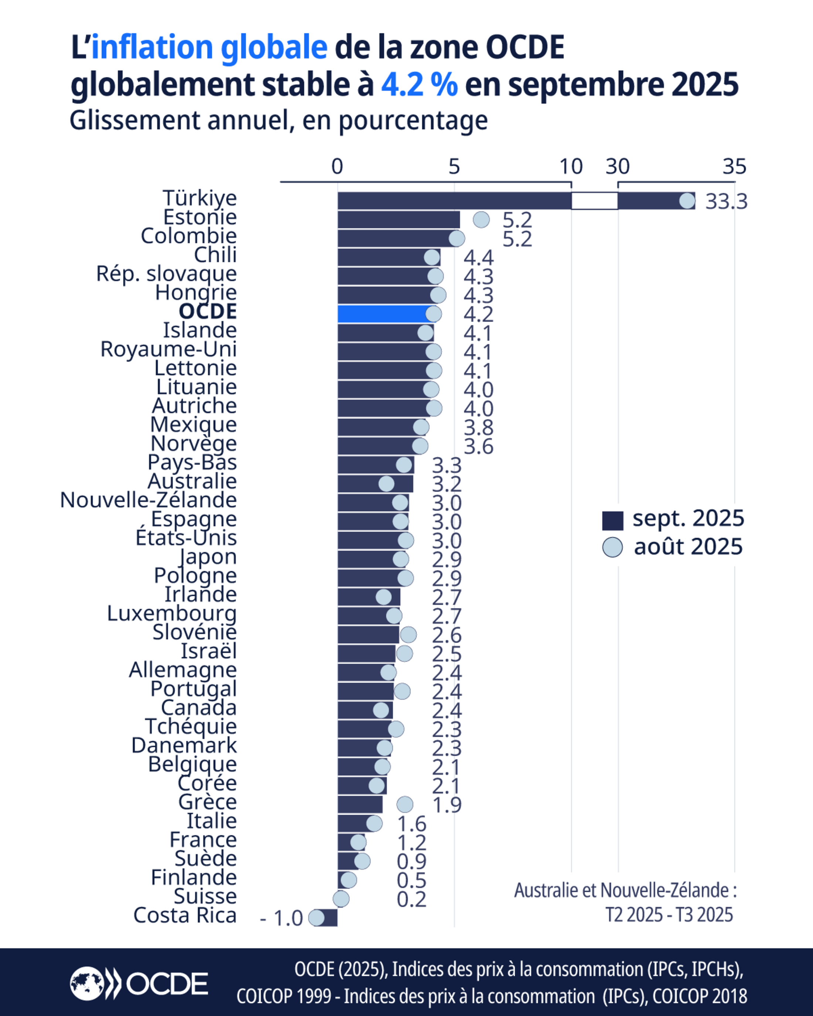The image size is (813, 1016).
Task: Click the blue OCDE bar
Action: click(x=382, y=314)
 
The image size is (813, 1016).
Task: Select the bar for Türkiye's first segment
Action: click(x=454, y=201)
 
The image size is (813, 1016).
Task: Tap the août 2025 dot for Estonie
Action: click(x=481, y=219)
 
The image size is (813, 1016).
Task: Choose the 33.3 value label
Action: click(x=726, y=202)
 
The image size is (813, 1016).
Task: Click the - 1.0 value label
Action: click(x=281, y=918)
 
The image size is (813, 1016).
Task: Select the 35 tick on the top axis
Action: click(x=735, y=166)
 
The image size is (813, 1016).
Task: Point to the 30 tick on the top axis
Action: click(x=618, y=166)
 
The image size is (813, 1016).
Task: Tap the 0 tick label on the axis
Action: click(x=337, y=166)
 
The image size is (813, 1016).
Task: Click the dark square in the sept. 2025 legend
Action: click(x=613, y=520)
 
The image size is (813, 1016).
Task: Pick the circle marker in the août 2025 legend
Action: click(x=613, y=548)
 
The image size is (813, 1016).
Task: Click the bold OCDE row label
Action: click(x=207, y=311)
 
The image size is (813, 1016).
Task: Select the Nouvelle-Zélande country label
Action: click(x=148, y=500)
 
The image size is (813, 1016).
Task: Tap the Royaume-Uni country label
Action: click(x=168, y=349)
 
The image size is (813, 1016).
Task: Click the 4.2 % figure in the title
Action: click(x=419, y=85)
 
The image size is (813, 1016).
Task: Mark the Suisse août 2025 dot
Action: click(x=341, y=899)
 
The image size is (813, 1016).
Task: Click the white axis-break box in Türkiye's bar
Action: click(x=594, y=201)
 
